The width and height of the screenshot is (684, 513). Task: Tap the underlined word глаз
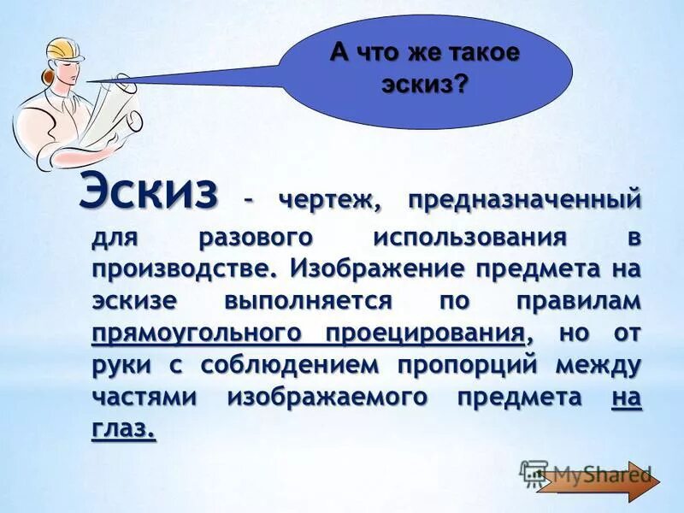[123, 430]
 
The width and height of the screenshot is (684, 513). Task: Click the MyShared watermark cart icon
[534, 473]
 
